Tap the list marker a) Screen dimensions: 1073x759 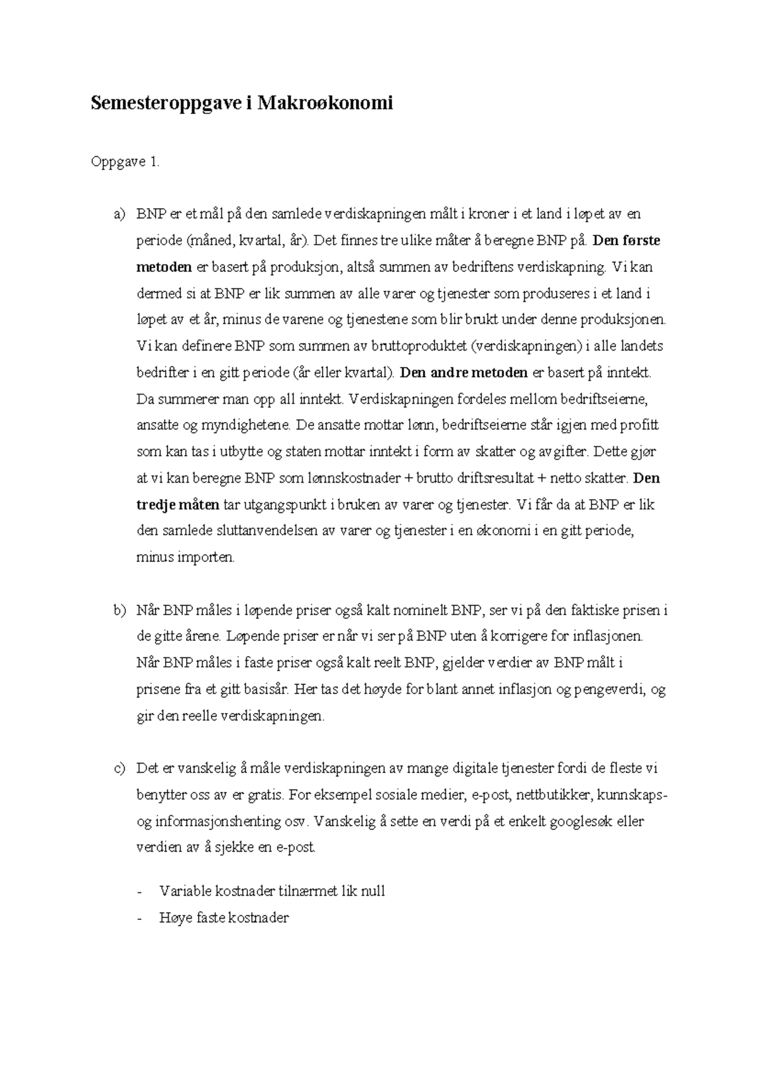[120, 214]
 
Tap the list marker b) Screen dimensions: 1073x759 [120, 611]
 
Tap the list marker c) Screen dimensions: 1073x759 [120, 769]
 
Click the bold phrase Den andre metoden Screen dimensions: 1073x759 [464, 373]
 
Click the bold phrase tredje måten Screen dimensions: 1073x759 [178, 505]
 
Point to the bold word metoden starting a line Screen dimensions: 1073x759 [164, 267]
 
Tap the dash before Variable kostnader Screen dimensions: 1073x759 [140, 892]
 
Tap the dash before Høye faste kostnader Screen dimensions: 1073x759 [140, 919]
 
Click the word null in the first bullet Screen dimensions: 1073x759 [373, 892]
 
